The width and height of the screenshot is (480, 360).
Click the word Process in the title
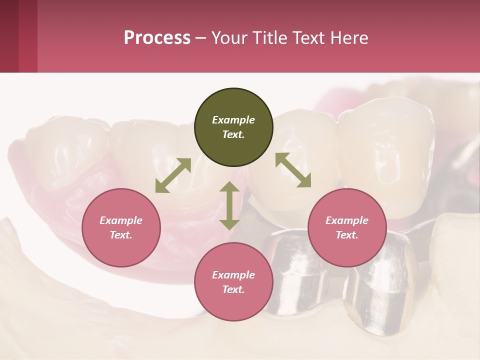[x=157, y=38]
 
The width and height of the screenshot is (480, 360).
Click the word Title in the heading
[x=267, y=38]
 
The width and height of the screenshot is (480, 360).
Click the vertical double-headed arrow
[x=229, y=205]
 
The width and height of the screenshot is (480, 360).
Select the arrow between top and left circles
[x=173, y=175]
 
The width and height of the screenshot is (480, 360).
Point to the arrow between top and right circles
[x=293, y=170]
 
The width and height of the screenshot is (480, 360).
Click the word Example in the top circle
[x=233, y=120]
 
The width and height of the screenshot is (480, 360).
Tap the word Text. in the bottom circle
[x=233, y=289]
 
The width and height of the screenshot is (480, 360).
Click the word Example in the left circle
[x=121, y=220]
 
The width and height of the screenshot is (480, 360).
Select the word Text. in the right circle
[x=347, y=235]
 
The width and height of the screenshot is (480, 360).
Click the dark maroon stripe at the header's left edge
[x=9, y=36]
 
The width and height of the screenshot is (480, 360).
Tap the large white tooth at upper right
[x=387, y=155]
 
